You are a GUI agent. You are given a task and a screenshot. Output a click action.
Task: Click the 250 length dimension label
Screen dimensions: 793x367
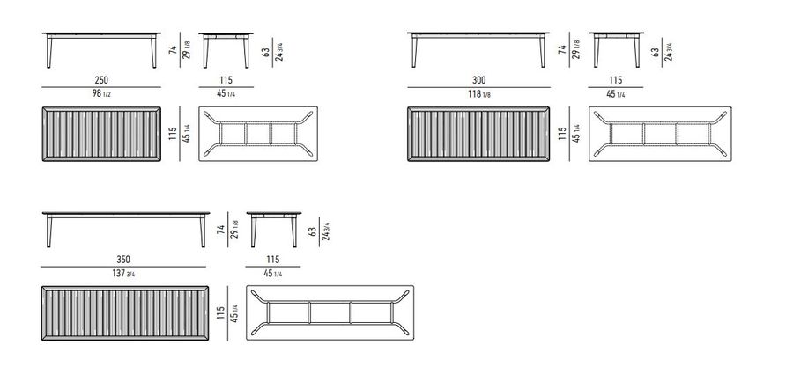click(x=101, y=80)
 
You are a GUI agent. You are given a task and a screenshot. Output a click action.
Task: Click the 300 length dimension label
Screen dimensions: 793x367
click(x=479, y=80)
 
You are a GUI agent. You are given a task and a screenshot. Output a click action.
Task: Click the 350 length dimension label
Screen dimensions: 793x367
click(x=123, y=260)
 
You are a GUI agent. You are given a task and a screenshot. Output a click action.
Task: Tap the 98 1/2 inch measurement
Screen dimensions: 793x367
click(x=101, y=93)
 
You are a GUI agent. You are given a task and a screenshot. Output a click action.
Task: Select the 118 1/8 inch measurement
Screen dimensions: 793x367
click(x=479, y=93)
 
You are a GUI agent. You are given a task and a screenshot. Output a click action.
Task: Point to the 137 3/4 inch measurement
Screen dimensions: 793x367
click(x=123, y=274)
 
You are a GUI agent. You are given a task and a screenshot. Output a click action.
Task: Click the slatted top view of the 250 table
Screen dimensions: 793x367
click(x=101, y=134)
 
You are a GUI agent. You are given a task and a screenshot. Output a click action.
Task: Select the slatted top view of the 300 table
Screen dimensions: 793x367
click(x=478, y=134)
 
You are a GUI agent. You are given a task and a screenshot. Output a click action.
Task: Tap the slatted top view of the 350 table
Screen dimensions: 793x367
click(x=125, y=313)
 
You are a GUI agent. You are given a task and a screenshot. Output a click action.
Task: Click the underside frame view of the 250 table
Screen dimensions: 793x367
click(x=258, y=134)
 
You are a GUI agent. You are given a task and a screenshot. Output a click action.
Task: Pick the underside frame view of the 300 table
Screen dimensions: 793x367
click(x=660, y=134)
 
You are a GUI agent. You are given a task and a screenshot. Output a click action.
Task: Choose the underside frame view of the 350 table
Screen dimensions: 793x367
click(x=330, y=312)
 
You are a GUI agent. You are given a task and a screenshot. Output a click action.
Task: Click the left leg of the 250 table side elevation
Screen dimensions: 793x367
click(x=49, y=52)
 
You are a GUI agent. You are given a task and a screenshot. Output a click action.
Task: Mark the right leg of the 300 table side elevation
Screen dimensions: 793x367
click(x=543, y=52)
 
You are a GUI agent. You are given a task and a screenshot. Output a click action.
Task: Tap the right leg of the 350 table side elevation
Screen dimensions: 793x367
click(x=203, y=231)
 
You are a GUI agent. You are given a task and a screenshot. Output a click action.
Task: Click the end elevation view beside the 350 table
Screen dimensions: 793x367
click(x=274, y=230)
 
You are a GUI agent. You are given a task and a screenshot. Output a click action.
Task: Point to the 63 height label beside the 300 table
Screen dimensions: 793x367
click(x=655, y=52)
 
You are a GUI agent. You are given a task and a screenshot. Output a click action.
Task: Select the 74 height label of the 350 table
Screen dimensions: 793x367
click(x=220, y=230)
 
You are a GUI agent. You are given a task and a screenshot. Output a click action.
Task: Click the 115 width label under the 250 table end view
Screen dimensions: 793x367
click(x=226, y=80)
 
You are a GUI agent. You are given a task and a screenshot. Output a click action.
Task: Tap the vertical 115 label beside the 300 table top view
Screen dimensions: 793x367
click(x=562, y=133)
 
